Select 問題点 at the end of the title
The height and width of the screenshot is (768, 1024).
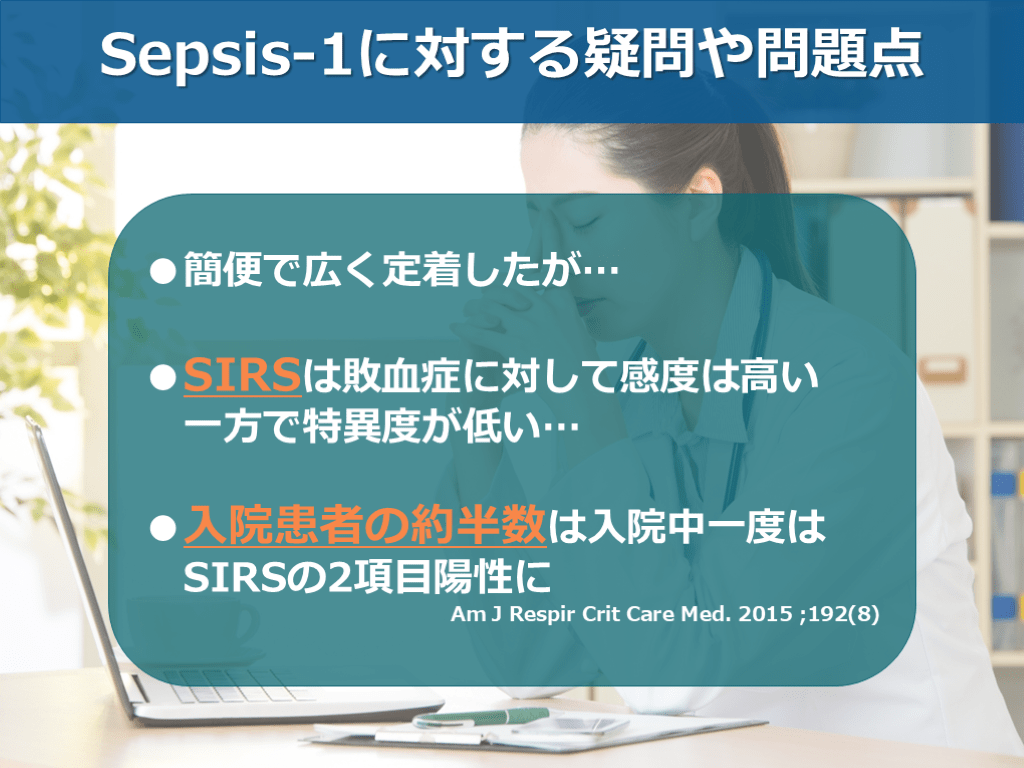840,54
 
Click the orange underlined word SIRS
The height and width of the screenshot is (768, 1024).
242,376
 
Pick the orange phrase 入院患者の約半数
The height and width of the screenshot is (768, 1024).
364,526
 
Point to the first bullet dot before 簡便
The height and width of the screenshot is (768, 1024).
163,271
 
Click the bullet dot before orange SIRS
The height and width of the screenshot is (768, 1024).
163,377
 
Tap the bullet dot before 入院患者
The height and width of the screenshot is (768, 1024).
163,528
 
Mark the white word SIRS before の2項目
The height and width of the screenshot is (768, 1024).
235,577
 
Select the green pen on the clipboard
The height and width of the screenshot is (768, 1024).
481,717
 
